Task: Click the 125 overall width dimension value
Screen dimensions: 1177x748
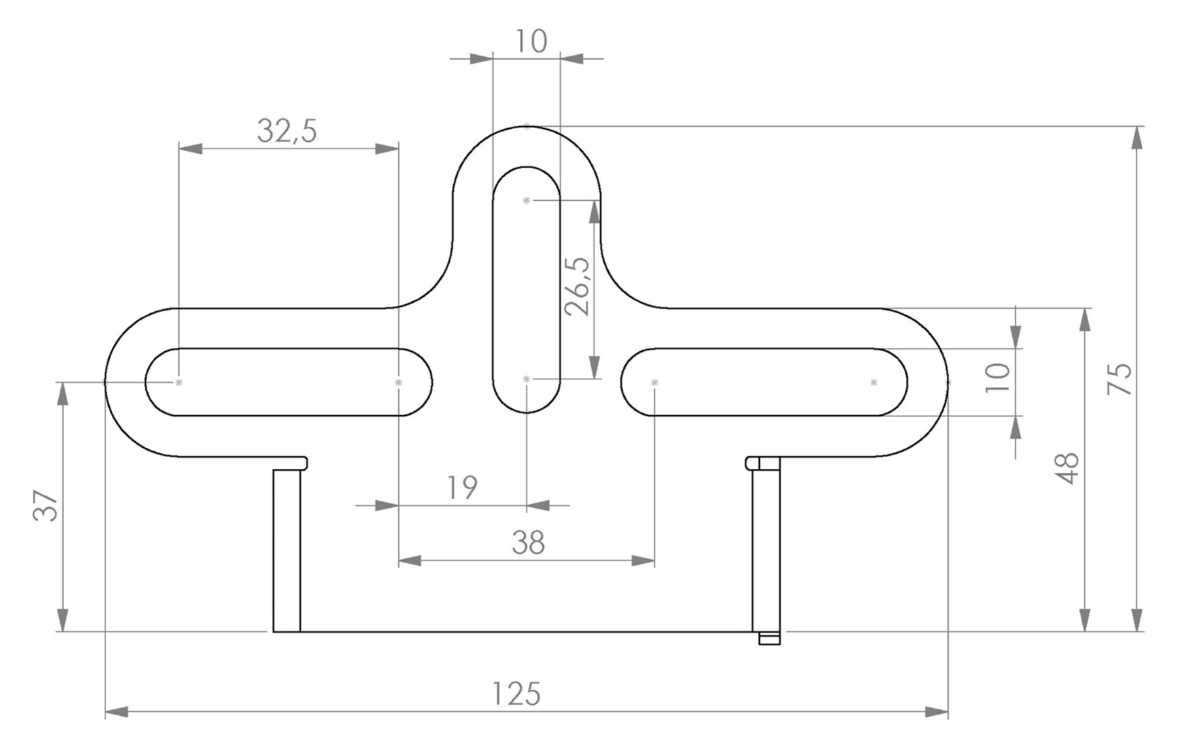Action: pos(516,694)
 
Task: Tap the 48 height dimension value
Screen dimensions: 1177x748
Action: pos(1068,468)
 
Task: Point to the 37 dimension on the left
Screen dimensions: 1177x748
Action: pos(46,506)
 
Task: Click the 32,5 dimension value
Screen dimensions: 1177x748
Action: pos(287,131)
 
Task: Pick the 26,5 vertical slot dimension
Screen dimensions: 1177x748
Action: pos(577,286)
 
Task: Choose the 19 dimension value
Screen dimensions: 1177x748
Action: pos(462,488)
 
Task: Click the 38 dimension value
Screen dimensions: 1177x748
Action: pos(528,543)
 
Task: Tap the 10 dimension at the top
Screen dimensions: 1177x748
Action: pos(531,42)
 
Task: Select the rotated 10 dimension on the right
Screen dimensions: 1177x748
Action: pos(998,378)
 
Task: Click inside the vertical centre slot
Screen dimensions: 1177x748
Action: pos(526,290)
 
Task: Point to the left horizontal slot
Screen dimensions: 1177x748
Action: pos(288,382)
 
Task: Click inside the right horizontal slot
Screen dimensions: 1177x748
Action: pos(764,382)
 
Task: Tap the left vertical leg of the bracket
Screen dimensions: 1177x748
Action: pos(286,551)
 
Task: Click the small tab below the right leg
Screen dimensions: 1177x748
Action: pos(770,638)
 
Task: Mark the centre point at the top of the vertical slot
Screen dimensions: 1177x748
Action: pos(526,200)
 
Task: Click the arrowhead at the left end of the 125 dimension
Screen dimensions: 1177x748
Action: pos(116,711)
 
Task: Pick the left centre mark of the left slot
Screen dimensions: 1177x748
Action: pos(179,382)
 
